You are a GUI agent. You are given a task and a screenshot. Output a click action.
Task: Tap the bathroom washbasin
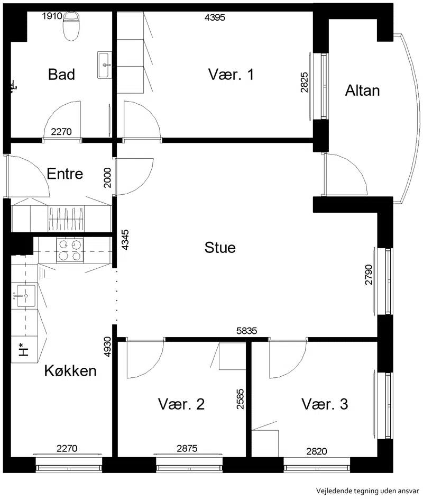105,65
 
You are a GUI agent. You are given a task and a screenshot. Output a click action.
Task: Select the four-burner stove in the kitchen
70,250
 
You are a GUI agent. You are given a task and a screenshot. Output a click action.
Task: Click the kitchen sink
25,296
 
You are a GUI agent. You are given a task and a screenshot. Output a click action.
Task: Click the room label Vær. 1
231,74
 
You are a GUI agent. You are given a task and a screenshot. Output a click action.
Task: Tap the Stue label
220,248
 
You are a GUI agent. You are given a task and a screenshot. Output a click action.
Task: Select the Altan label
363,90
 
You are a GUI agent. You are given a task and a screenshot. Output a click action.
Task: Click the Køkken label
70,371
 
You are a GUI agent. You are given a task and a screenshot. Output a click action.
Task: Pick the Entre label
65,174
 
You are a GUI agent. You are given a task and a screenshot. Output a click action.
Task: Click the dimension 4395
215,17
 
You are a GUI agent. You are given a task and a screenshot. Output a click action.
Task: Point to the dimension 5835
247,331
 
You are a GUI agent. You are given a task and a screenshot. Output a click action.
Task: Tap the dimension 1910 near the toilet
52,16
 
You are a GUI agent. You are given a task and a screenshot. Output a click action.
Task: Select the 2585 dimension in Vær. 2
241,399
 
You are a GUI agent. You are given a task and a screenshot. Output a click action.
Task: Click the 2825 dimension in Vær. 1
305,83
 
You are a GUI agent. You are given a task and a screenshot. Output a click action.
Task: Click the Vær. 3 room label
325,404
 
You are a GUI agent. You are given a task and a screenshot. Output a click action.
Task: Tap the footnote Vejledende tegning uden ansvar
367,491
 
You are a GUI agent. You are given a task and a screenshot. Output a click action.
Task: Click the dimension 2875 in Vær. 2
187,448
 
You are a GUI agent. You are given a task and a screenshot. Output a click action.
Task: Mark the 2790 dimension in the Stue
369,275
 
